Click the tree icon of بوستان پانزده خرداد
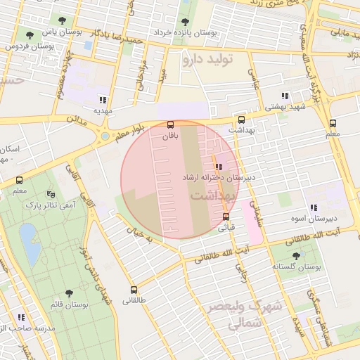tap(185, 21)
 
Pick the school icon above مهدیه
tap(103, 99)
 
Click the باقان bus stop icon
tap(171, 124)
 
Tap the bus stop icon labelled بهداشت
tap(242, 120)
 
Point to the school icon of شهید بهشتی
tap(285, 96)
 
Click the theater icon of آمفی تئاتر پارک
tap(50, 193)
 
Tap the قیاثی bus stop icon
tap(226, 217)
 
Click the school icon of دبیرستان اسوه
tap(314, 207)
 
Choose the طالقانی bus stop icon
tap(134, 289)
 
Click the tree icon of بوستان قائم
tap(68, 292)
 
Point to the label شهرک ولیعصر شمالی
tap(252, 316)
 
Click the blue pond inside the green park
tap(30, 243)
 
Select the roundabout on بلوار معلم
tap(105, 136)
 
